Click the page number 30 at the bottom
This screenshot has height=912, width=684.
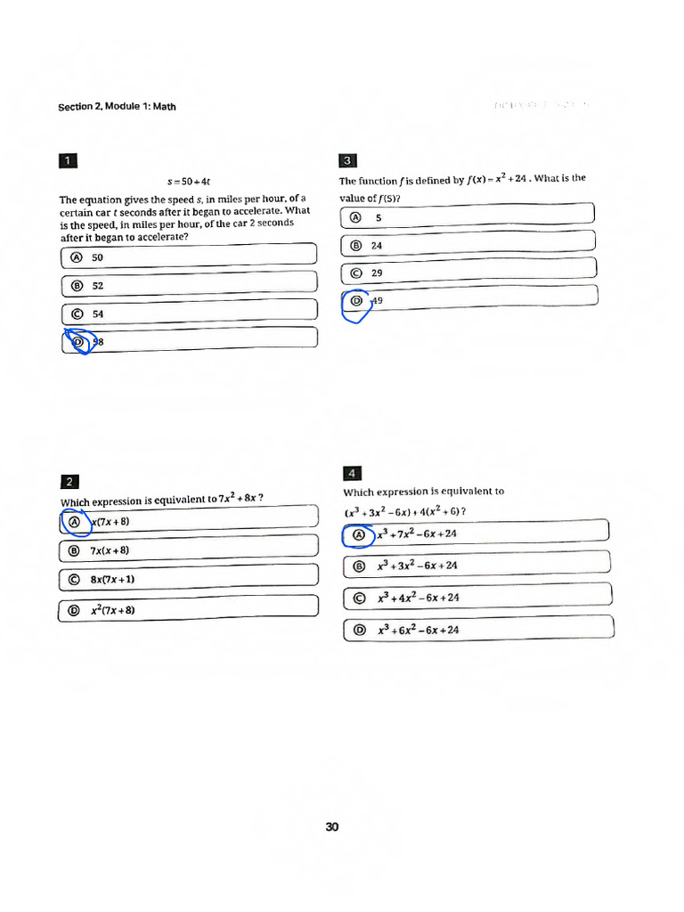click(332, 826)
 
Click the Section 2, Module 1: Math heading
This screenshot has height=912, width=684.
click(117, 107)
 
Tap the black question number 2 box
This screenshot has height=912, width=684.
click(69, 482)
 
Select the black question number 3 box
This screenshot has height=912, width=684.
click(348, 160)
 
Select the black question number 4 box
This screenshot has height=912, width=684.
click(352, 473)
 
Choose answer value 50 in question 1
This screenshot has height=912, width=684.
click(98, 257)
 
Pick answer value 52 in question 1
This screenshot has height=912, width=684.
click(98, 286)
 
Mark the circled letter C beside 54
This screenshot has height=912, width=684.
click(76, 314)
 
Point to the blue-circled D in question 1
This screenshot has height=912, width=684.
click(77, 341)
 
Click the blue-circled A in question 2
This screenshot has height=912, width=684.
click(76, 522)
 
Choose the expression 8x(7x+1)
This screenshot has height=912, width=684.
click(112, 579)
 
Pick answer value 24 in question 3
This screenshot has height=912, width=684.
click(377, 245)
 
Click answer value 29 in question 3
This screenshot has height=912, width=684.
click(377, 273)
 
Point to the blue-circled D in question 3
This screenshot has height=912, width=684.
click(356, 302)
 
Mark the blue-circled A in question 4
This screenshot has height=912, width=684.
click(359, 535)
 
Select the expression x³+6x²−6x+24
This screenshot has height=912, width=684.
click(418, 630)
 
